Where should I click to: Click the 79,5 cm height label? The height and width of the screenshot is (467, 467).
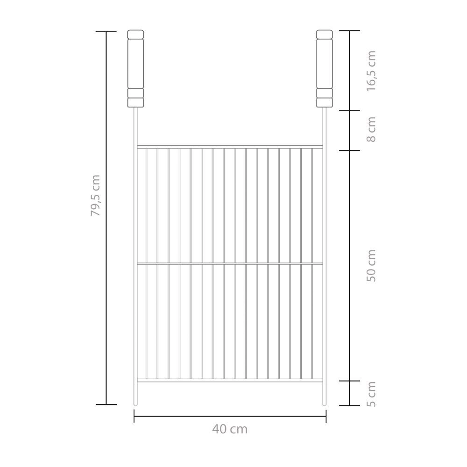96,195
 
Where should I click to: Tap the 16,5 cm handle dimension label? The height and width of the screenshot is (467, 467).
371,71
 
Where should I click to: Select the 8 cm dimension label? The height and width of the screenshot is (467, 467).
371,129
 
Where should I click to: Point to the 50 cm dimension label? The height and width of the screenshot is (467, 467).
371,266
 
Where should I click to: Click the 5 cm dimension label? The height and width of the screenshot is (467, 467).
371,394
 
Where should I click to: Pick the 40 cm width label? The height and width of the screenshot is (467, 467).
230,429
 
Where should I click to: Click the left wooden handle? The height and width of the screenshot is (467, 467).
135,69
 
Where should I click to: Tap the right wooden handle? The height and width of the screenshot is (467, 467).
325,69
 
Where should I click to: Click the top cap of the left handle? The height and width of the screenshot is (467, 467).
135,34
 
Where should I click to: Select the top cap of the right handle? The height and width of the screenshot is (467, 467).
325,34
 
